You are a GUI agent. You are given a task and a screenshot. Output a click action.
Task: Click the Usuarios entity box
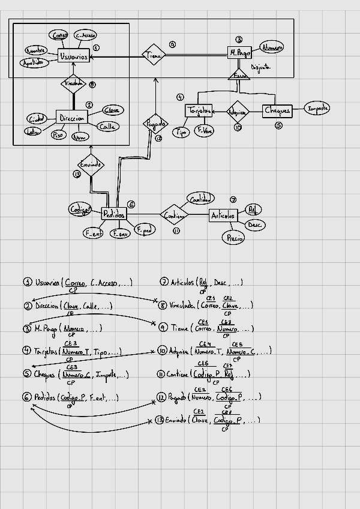pos(74,56)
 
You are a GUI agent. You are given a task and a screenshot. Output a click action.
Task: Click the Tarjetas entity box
pos(199,111)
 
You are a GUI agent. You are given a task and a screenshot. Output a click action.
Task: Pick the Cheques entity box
pos(278,110)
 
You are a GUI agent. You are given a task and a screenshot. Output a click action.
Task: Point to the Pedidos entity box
pos(114,214)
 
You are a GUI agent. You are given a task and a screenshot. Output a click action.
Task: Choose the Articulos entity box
pos(223,215)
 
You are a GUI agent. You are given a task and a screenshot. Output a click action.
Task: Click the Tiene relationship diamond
pos(153,55)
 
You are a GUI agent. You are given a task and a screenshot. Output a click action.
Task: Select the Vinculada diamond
pos(74,83)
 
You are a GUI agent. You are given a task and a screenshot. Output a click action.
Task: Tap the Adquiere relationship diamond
pos(238,112)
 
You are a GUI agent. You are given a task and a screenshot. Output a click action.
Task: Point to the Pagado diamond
pos(154,123)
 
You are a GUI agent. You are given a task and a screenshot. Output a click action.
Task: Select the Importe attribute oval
pos(317,109)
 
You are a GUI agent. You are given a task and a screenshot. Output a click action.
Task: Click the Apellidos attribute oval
pos(34,62)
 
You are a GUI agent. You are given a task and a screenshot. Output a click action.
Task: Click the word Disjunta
pos(261,67)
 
